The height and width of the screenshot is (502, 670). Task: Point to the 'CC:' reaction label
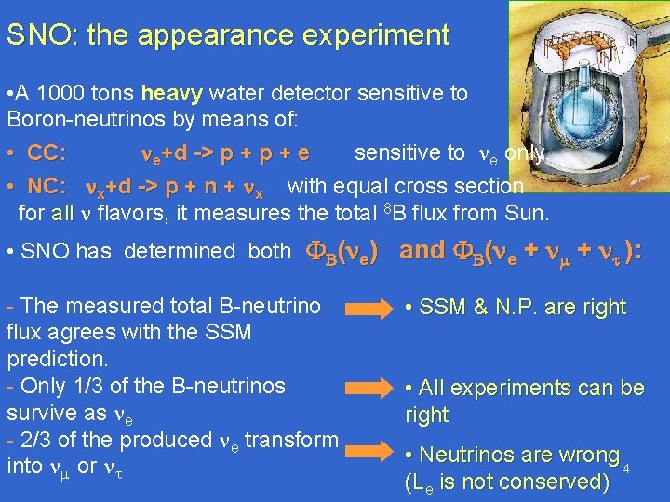(46, 152)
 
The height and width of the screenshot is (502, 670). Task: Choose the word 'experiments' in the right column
(513, 388)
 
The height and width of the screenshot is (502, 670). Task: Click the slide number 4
(626, 467)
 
